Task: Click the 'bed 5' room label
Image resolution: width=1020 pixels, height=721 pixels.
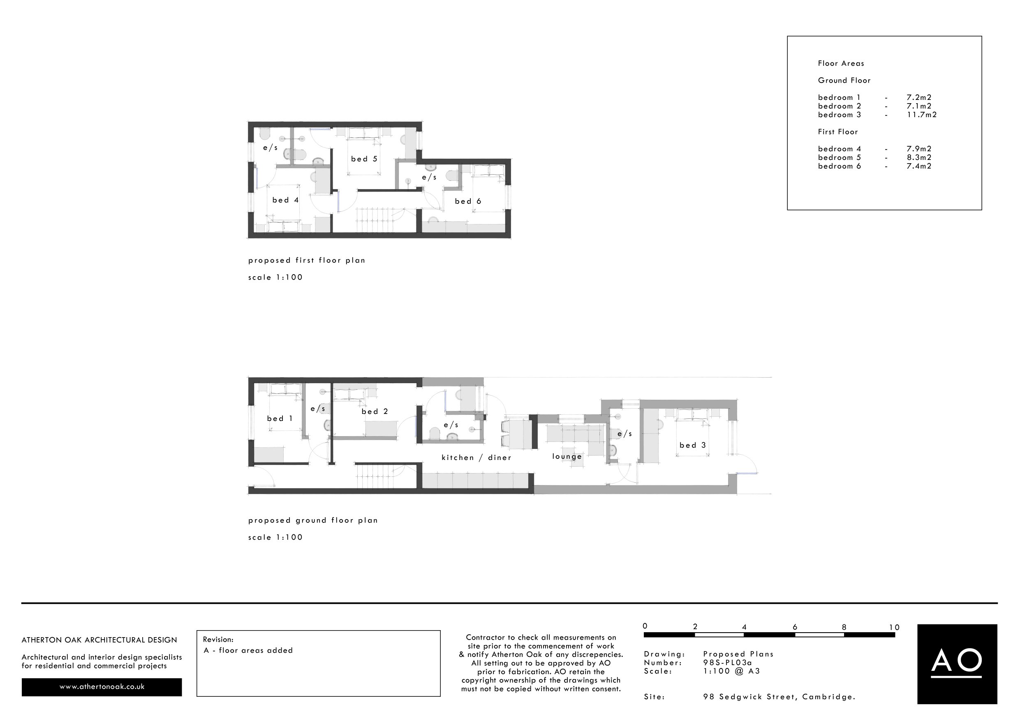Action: (x=364, y=159)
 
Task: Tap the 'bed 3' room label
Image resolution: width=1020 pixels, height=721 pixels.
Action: (x=692, y=445)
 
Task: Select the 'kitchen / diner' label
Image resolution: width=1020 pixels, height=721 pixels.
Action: (x=476, y=458)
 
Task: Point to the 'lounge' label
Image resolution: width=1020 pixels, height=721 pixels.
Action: (x=567, y=456)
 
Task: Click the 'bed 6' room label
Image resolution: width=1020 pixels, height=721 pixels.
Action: (x=468, y=201)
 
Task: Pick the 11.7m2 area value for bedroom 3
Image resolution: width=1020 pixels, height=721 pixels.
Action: (x=921, y=115)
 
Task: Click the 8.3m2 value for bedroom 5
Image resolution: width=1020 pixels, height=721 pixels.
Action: (x=919, y=157)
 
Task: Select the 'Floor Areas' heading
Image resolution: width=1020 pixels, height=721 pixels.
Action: (x=840, y=64)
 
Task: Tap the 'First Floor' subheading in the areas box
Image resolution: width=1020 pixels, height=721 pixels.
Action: (x=837, y=132)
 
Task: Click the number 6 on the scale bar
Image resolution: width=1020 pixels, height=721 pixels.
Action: (x=795, y=627)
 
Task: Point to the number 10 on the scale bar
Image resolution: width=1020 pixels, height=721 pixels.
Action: (x=894, y=627)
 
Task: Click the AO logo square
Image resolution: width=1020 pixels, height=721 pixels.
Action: (x=957, y=664)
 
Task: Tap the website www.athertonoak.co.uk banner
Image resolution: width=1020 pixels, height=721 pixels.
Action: (x=102, y=687)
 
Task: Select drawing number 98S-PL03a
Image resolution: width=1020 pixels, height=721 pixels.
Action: (x=727, y=662)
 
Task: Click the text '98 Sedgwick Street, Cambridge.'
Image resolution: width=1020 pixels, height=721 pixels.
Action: (x=779, y=697)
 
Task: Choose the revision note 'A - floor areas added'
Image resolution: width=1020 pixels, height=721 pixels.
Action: (x=248, y=650)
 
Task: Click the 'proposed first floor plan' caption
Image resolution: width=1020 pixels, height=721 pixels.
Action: (x=307, y=260)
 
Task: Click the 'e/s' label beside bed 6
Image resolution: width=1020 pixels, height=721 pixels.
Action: (x=429, y=177)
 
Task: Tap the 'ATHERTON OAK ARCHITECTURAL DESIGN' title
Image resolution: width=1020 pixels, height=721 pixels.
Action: (x=99, y=640)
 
